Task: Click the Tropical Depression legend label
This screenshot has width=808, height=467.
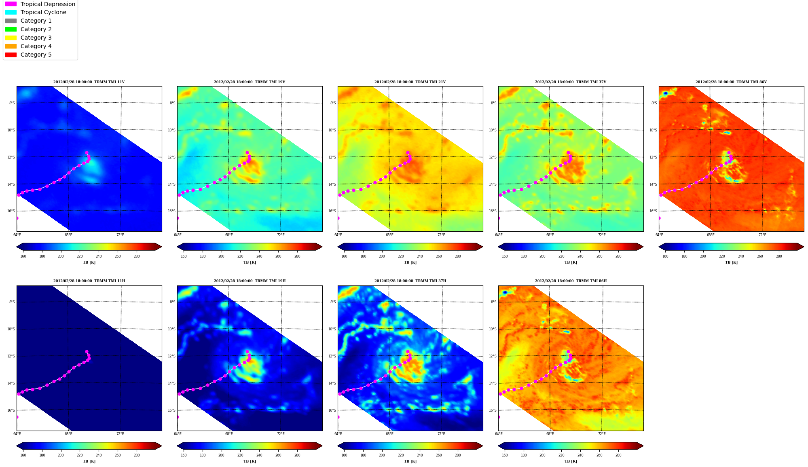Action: pyautogui.click(x=48, y=4)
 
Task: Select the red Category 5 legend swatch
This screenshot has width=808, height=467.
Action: pyautogui.click(x=11, y=55)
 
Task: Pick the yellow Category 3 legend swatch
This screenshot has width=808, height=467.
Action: pyautogui.click(x=11, y=38)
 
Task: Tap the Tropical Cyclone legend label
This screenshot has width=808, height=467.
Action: pyautogui.click(x=43, y=12)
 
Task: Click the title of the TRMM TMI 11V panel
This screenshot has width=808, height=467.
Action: pyautogui.click(x=89, y=82)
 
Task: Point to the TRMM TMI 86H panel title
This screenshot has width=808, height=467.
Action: pyautogui.click(x=571, y=281)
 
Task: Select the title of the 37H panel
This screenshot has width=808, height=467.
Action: pyautogui.click(x=410, y=281)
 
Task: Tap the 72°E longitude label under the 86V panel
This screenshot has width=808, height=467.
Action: pyautogui.click(x=762, y=235)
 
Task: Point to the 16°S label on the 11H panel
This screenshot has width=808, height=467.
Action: pyautogui.click(x=11, y=410)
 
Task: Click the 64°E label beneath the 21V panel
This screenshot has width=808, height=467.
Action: pyautogui.click(x=338, y=235)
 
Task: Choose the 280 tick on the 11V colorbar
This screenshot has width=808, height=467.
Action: pyautogui.click(x=137, y=256)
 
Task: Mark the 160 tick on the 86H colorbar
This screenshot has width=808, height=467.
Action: pyautogui.click(x=505, y=455)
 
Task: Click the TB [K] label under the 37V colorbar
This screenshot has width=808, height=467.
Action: pyautogui.click(x=571, y=262)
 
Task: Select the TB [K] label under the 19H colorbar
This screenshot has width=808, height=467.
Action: pyautogui.click(x=250, y=461)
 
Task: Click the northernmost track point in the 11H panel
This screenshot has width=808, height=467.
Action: pyautogui.click(x=87, y=352)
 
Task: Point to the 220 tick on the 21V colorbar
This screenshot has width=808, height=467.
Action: pyautogui.click(x=401, y=256)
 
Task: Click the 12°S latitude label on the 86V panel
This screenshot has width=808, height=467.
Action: pyautogui.click(x=653, y=157)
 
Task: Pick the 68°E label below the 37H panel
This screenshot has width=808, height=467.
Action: pyautogui.click(x=389, y=434)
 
